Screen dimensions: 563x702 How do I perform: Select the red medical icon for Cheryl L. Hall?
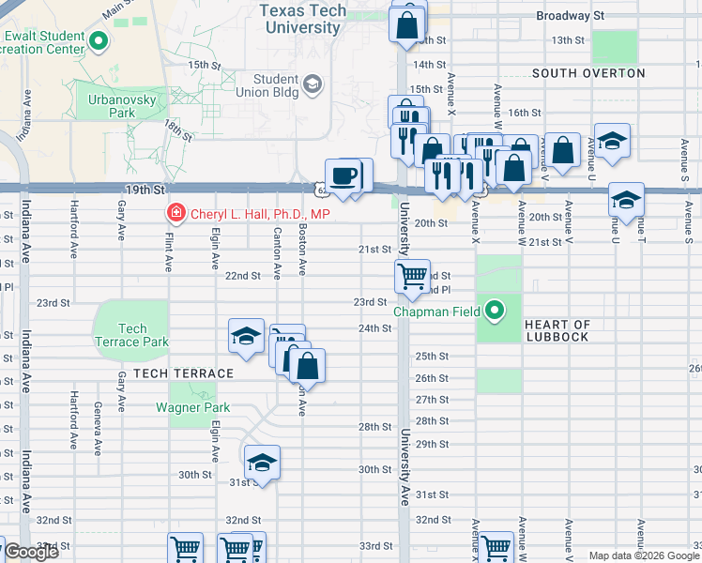175,214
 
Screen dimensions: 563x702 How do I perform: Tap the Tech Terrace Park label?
132,335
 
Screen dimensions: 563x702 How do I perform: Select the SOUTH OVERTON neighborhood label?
588,73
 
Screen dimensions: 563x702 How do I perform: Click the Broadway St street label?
570,16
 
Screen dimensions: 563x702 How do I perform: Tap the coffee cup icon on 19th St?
344,175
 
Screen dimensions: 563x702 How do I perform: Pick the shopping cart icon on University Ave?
412,276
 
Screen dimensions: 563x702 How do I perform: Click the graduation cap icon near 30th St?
262,462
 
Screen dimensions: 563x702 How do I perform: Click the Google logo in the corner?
31,552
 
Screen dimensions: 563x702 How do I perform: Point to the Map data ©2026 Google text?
643,555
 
